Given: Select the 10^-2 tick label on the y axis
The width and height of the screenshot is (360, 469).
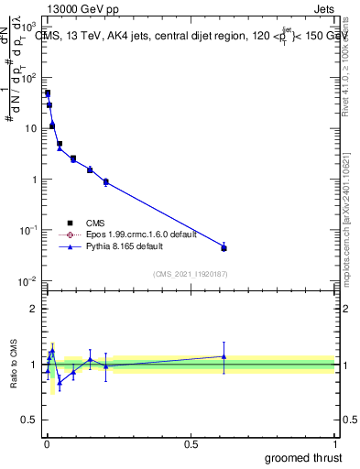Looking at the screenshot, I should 27,281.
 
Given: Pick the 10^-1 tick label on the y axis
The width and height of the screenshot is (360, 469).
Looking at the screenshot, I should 27,231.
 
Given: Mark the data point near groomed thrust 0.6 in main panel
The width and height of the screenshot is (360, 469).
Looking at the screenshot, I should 224,248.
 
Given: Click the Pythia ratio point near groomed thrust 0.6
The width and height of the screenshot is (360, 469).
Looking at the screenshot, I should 224,356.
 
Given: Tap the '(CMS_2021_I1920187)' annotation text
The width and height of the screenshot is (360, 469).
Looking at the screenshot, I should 189,273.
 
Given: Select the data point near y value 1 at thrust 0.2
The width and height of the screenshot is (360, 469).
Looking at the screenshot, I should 106,182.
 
